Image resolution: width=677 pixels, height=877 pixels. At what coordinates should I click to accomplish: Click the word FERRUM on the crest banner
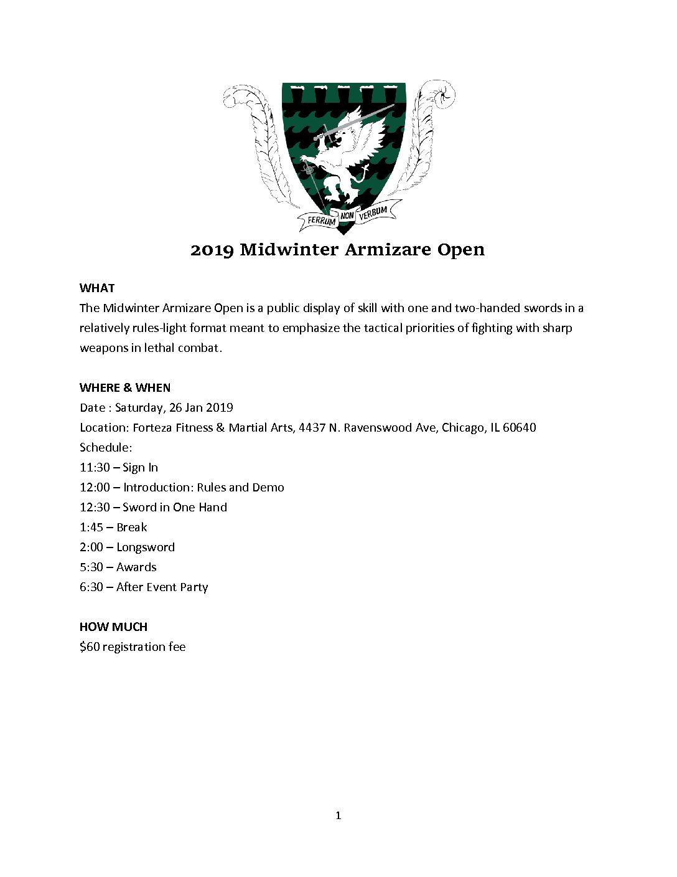[321, 220]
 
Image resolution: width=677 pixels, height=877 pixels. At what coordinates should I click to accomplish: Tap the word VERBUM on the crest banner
[373, 212]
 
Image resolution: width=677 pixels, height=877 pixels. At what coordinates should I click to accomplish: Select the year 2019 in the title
[212, 250]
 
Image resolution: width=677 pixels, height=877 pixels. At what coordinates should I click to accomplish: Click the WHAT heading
[97, 288]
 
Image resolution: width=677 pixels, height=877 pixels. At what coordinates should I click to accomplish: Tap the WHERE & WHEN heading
[125, 387]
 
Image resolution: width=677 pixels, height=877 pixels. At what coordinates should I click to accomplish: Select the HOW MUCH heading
[113, 627]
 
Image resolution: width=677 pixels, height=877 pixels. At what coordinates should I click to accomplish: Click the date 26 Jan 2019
[201, 407]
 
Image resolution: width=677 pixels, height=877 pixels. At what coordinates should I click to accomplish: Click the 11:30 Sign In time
[95, 467]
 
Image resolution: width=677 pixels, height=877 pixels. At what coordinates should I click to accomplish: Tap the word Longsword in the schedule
[146, 547]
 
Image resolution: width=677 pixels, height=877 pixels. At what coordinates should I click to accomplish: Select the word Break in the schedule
[132, 527]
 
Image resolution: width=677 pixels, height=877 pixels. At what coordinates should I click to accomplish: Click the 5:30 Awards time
[91, 567]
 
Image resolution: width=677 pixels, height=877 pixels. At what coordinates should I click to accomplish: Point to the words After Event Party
[162, 587]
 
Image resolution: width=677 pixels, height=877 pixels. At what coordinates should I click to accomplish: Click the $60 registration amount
[90, 647]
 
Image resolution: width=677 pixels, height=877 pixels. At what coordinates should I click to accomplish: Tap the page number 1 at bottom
[338, 815]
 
